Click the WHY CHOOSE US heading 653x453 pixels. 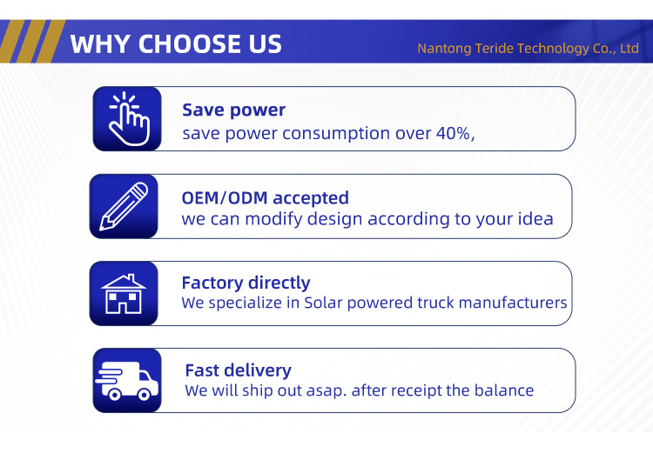point(176,43)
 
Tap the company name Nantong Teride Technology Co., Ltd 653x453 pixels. point(528,48)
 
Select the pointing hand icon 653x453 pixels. point(128,118)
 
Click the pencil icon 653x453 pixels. point(124,205)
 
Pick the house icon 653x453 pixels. point(124,293)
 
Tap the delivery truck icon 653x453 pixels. point(126,380)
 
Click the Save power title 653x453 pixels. point(233,110)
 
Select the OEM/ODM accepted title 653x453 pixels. point(265,197)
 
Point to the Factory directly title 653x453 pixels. point(246,283)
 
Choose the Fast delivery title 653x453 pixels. point(238,370)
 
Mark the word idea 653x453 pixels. point(535,218)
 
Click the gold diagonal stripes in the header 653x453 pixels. point(29,41)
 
